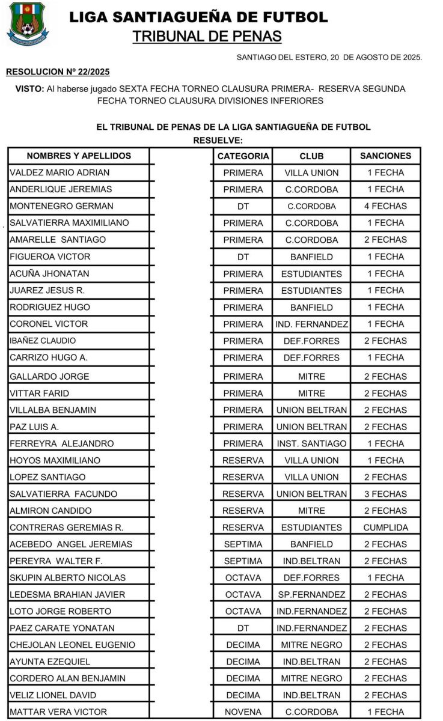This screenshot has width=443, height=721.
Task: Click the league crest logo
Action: tap(28, 24)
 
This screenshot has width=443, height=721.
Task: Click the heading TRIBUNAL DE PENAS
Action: tap(207, 36)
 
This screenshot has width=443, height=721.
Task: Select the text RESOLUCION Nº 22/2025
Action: tap(58, 72)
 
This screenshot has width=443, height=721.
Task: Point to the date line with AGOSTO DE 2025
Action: tap(329, 58)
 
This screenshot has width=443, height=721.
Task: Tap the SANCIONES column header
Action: tap(385, 156)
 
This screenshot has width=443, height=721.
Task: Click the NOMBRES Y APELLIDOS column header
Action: tap(79, 156)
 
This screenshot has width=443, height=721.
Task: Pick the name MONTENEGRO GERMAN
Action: tap(61, 206)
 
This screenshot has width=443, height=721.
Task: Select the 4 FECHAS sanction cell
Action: tap(385, 206)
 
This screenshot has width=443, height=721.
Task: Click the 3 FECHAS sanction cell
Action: tap(385, 494)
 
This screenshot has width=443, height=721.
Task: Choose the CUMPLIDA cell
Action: tap(385, 528)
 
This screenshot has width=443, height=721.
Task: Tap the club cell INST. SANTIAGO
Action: tap(311, 443)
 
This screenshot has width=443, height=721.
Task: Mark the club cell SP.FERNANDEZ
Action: tap(311, 595)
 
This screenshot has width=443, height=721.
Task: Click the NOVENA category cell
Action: tap(243, 712)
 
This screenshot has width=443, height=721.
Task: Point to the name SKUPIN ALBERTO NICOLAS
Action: tap(68, 578)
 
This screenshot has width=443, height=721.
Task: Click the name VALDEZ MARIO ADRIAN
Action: tap(60, 172)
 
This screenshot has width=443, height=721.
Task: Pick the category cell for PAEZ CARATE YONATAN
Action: tap(243, 628)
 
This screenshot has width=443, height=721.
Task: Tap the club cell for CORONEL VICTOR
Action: tap(311, 324)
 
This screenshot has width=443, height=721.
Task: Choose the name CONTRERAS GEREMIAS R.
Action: tap(67, 528)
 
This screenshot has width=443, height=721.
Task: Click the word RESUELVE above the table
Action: tap(218, 140)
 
